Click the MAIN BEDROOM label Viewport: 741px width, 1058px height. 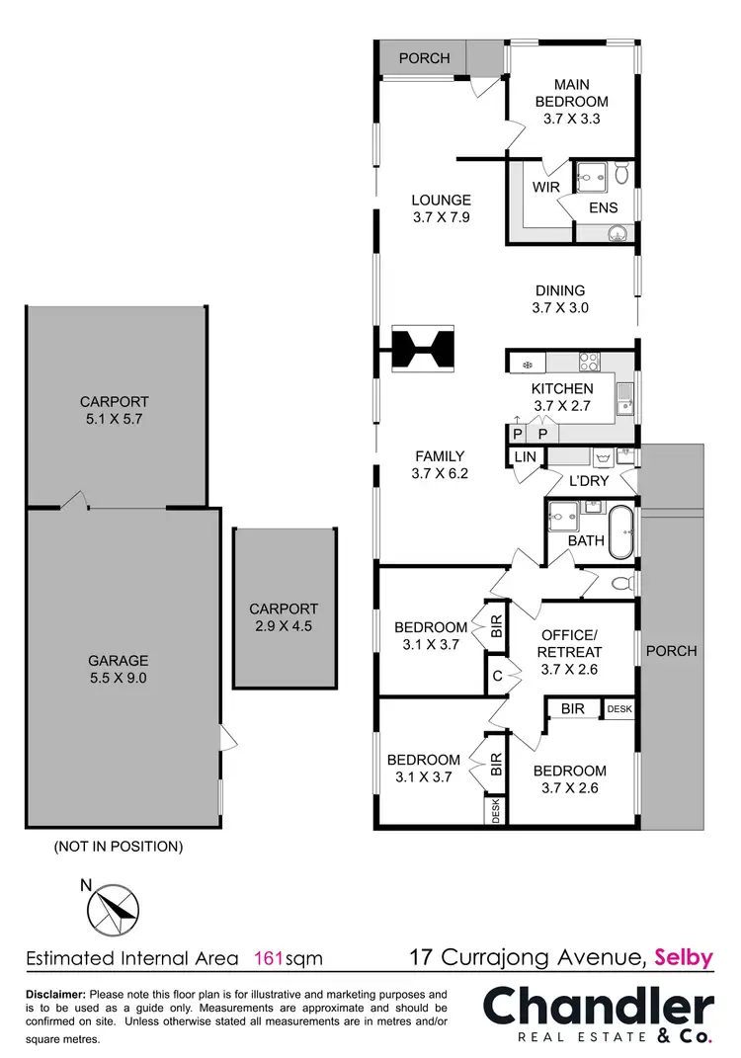(x=571, y=102)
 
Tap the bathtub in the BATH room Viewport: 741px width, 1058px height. (x=622, y=531)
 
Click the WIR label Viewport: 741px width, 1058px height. (x=546, y=187)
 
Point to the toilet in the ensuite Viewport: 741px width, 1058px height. (x=621, y=175)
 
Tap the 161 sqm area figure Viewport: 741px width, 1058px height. (x=288, y=957)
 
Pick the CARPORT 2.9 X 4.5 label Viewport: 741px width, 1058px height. (x=284, y=617)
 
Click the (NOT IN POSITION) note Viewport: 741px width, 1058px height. (x=118, y=847)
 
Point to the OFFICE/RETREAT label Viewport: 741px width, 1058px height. (x=569, y=652)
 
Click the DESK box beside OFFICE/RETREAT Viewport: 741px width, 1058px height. (x=618, y=708)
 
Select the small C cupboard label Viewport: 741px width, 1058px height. (x=496, y=678)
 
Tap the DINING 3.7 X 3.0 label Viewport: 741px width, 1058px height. (x=560, y=299)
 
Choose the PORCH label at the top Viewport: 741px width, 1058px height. (x=424, y=58)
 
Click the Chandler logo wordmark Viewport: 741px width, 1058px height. (x=598, y=1009)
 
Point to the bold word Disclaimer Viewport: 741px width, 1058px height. (x=55, y=994)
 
